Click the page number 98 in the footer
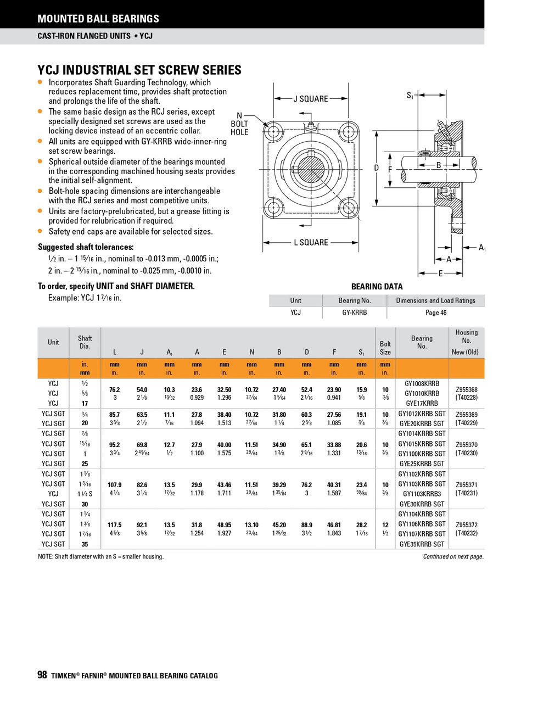click(x=42, y=675)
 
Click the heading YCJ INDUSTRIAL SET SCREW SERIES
click(x=139, y=70)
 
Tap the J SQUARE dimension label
click(x=310, y=99)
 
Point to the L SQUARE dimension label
click(x=311, y=242)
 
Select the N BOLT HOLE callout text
click(x=239, y=124)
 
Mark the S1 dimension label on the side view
click(x=410, y=96)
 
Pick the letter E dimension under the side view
click(x=440, y=273)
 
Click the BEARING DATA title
click(x=377, y=287)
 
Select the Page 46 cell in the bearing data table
click(x=436, y=313)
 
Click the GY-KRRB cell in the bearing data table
click(x=354, y=313)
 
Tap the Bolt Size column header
click(x=385, y=348)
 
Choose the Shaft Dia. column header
click(x=85, y=342)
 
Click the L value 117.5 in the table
click(x=114, y=525)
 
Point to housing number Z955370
click(x=466, y=445)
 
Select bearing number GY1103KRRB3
click(x=422, y=494)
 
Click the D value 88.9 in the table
click(x=306, y=525)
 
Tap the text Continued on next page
click(x=453, y=556)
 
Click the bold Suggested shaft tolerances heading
click(x=86, y=247)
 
